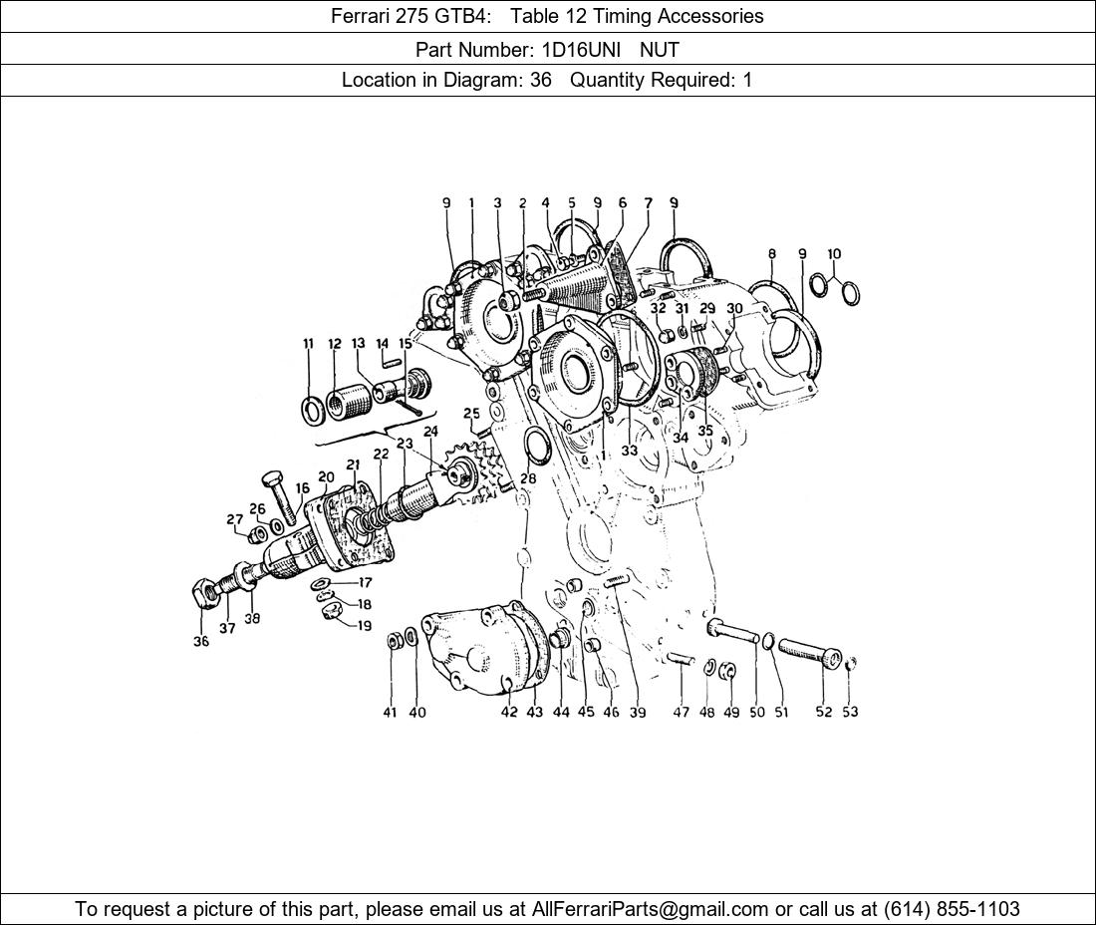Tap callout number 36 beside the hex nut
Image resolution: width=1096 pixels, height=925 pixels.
pos(200,641)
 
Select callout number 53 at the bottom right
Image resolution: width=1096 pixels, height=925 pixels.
pos(850,712)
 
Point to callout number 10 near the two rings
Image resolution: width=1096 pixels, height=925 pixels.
pos(834,254)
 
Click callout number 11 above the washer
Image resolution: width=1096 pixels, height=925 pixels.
pos(308,343)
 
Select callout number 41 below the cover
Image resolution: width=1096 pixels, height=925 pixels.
pos(390,713)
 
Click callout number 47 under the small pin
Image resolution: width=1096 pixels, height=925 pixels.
pos(681,713)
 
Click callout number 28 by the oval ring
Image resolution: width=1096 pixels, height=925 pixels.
pos(528,478)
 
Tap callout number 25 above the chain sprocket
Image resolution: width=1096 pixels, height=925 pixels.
pos(472,414)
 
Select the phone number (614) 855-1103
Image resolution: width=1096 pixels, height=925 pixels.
pos(952,909)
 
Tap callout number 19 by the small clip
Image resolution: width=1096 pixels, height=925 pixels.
pos(365,626)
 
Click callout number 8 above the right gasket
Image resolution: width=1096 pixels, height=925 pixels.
pos(771,254)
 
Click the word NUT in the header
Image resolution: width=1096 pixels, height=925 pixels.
pos(660,50)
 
